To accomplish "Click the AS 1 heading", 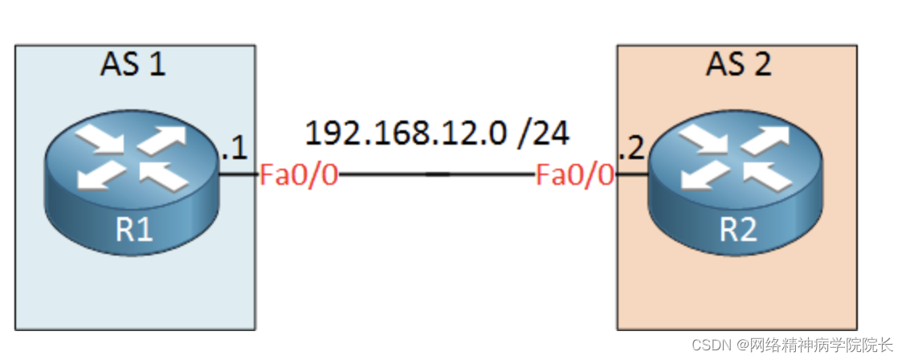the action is [133, 64].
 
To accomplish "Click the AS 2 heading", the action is [738, 64].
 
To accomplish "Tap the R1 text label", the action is [133, 230].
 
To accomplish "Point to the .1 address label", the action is [234, 148].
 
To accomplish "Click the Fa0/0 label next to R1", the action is [298, 174].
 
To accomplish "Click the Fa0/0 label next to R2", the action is [575, 174].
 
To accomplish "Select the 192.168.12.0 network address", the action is [406, 133].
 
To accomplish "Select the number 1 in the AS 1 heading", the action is [156, 64].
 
